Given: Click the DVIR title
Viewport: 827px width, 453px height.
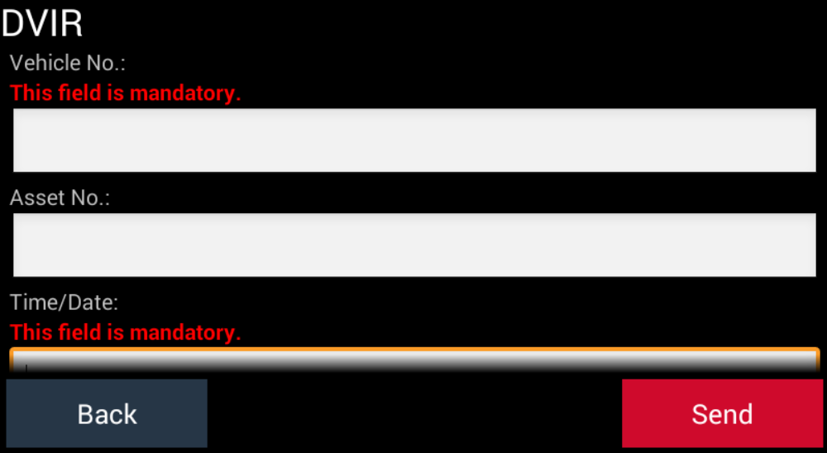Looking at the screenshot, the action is [41, 24].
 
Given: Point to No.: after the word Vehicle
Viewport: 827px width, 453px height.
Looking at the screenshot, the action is [106, 64].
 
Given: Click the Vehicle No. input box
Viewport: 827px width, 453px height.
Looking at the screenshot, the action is [414, 141].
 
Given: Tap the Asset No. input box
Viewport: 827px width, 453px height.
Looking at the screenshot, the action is [414, 245].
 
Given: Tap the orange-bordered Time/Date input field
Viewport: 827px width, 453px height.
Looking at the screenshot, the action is [414, 360].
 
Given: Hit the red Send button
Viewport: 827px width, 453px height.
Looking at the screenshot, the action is [722, 413].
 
